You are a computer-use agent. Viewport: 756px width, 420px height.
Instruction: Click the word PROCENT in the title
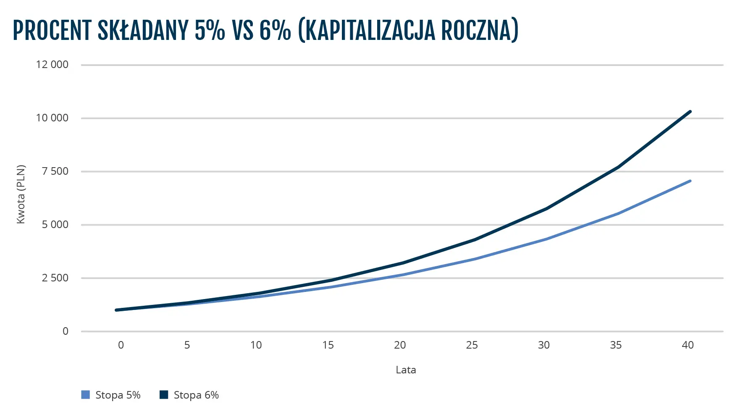click(52, 30)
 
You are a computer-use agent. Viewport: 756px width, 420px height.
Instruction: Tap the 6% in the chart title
click(275, 30)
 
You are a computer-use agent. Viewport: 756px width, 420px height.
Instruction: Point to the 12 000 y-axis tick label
click(52, 65)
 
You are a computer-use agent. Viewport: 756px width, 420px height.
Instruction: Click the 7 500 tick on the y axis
click(55, 171)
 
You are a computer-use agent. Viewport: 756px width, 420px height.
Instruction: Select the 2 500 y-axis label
click(55, 278)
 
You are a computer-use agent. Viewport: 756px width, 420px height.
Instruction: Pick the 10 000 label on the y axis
click(52, 118)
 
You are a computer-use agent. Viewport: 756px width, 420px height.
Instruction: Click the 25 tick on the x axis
click(472, 345)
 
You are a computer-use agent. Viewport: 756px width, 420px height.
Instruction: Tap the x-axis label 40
click(688, 345)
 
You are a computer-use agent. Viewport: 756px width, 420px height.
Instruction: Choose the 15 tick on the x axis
click(328, 345)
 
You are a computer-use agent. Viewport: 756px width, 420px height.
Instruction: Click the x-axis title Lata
click(406, 370)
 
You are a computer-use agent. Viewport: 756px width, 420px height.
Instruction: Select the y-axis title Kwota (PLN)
click(21, 194)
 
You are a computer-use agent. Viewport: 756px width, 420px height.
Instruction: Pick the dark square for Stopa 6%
click(164, 395)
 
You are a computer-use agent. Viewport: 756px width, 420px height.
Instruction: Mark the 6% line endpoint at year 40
click(690, 112)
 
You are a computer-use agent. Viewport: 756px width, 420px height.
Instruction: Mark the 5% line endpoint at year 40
click(690, 181)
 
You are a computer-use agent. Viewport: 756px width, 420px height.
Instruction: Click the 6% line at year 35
click(618, 167)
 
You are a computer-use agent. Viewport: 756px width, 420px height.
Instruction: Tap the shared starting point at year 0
click(116, 310)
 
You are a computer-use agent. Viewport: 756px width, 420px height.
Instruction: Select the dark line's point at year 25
click(474, 240)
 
